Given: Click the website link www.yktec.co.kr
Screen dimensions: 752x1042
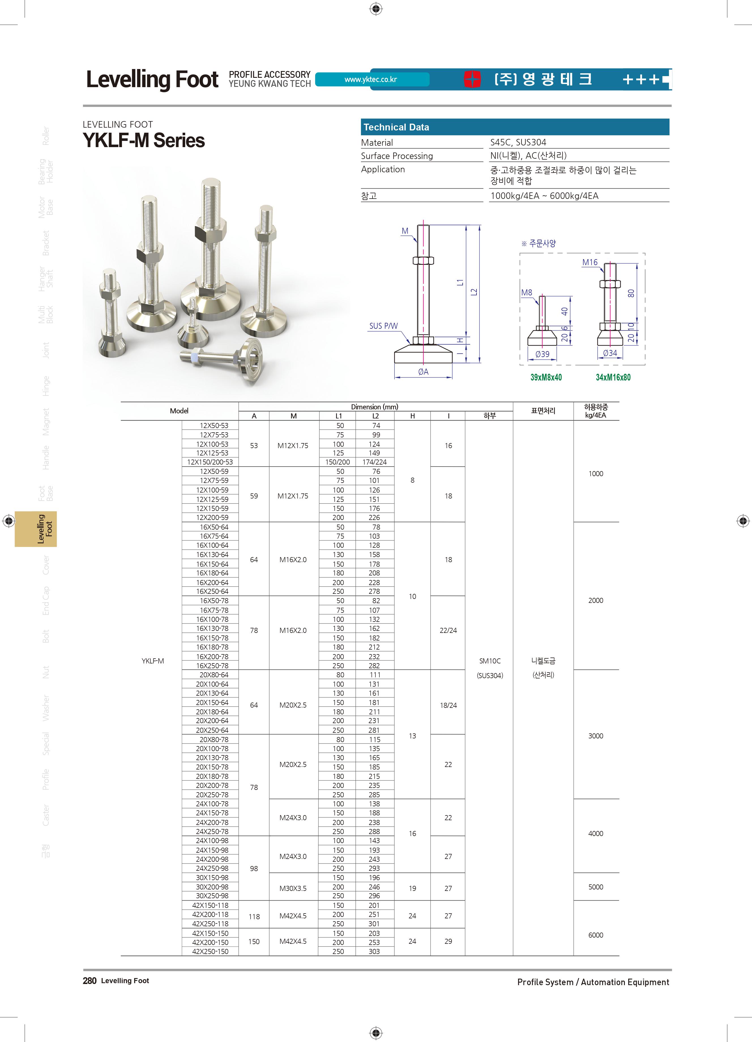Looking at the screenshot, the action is (371, 80).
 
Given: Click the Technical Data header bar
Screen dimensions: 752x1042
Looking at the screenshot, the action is (515, 127).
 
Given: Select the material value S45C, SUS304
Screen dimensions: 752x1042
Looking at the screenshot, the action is (518, 142).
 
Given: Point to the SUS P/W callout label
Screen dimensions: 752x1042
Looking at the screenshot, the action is (383, 326).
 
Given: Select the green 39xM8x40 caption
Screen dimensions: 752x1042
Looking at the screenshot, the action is (546, 377).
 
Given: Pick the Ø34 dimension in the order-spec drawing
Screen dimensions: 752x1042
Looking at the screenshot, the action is (610, 353).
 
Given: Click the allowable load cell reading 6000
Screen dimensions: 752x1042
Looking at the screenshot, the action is (596, 935).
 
